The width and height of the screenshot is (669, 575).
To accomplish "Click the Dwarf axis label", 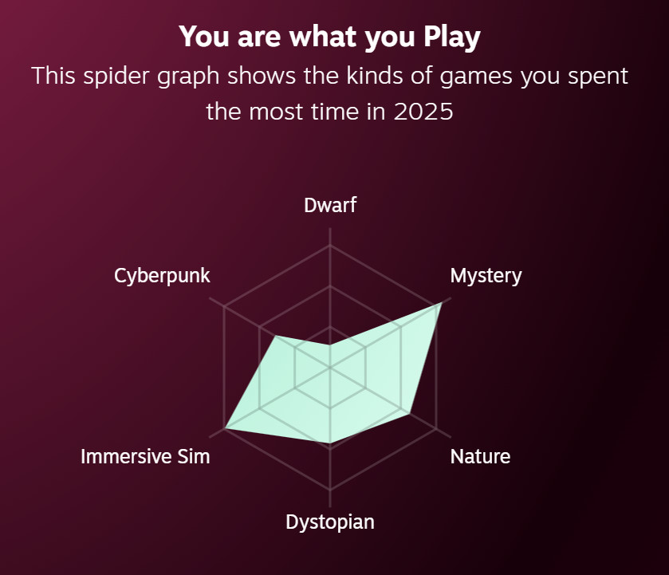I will pos(330,206).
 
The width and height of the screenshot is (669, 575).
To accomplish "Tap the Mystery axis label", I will pos(486,276).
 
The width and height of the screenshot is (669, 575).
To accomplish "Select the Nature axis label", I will pos(480,456).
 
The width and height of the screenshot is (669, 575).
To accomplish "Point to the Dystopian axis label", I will pos(330,522).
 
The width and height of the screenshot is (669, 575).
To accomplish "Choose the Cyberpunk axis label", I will pos(162,276).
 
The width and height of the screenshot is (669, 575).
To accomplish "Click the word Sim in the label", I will pos(195,456).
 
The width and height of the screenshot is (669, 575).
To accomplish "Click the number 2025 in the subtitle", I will pos(423,112).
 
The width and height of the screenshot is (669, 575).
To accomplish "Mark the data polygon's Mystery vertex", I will pos(440,304).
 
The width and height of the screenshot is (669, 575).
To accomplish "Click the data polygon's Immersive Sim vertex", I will pos(226,428).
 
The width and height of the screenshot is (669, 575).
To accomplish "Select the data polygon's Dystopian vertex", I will pos(330,443).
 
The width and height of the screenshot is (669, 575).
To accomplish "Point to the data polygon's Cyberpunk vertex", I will pos(274,336).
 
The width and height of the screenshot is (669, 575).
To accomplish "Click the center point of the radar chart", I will pos(330,368).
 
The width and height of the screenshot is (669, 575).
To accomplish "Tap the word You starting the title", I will pos(199,37).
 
